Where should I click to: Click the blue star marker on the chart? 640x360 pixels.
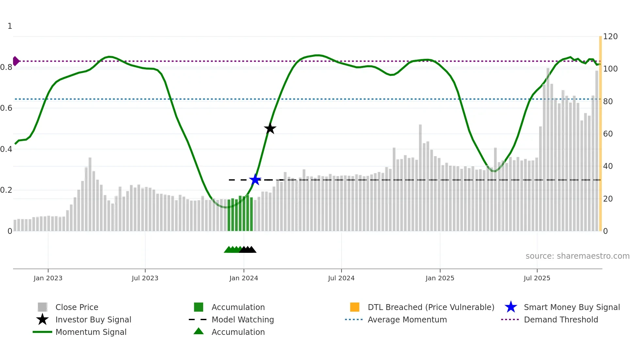(x=255, y=179)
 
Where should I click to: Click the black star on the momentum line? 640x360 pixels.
(x=270, y=128)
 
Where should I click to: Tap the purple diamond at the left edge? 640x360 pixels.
(x=16, y=61)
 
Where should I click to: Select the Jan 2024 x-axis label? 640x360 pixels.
(x=244, y=278)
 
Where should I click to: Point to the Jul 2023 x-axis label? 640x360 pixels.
(x=145, y=278)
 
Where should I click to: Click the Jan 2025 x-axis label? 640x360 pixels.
(x=440, y=278)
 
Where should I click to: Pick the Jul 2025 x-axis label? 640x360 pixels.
(x=537, y=278)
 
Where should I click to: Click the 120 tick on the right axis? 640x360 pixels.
(x=610, y=37)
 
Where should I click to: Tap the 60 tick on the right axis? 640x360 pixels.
(x=608, y=134)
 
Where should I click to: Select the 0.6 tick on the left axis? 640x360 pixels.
(x=6, y=108)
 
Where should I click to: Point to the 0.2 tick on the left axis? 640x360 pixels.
(x=6, y=190)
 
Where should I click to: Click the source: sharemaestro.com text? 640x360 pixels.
(x=577, y=256)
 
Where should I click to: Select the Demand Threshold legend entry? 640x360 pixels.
(x=561, y=320)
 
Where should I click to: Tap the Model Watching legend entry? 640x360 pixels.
(x=243, y=320)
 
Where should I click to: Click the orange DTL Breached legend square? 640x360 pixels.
(x=355, y=307)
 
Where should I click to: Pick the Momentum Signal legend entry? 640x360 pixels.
(x=91, y=332)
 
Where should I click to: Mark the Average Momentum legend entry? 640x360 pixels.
(x=407, y=320)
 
